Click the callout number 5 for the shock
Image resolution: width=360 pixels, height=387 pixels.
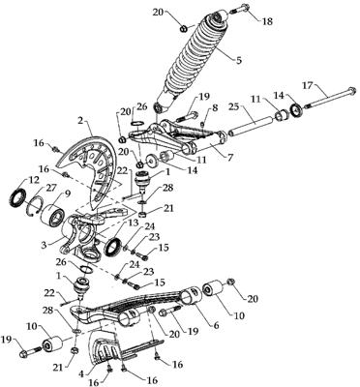point(238,60)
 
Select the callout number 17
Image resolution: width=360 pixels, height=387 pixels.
point(310,86)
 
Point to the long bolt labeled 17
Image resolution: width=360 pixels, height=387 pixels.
point(329,98)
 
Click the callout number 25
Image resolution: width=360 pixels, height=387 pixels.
point(236,106)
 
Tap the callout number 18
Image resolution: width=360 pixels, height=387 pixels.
point(267,21)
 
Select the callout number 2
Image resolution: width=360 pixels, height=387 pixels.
point(80,122)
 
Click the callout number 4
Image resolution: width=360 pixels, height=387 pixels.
point(82,374)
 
